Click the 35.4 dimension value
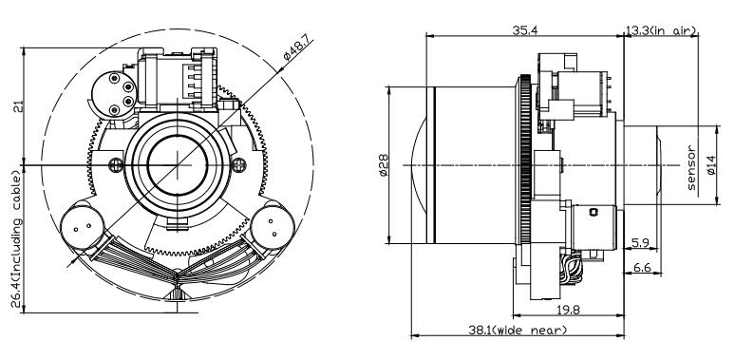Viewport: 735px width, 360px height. coord(524,31)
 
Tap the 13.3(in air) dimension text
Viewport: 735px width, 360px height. coord(661,31)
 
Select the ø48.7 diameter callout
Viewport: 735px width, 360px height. coord(298,48)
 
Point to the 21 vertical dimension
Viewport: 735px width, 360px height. coord(18,107)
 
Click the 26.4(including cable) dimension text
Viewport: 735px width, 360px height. coord(17,239)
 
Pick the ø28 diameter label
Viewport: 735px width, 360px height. coord(384,165)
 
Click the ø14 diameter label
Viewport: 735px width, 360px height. coord(710,165)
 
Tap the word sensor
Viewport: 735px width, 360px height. coord(691,168)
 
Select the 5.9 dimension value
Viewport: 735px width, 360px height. coord(640,243)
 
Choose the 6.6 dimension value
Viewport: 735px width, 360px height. coord(642,268)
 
